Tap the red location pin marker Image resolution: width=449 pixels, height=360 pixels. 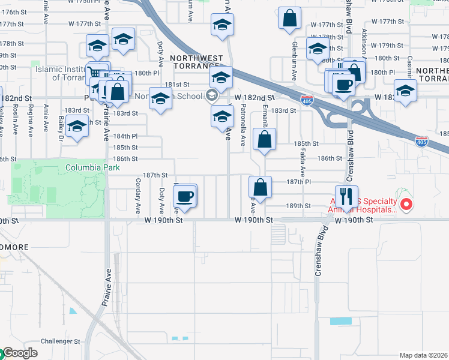pos(406,205)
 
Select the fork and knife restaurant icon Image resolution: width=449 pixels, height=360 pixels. pos(346,196)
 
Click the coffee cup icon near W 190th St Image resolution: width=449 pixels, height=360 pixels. pos(184,196)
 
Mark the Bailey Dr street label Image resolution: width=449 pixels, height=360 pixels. pos(61,127)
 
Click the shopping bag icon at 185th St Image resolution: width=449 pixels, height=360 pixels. pos(264,140)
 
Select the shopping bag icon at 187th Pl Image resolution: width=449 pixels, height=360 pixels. pos(260,187)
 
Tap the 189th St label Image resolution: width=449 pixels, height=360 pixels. pos(298,205)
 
